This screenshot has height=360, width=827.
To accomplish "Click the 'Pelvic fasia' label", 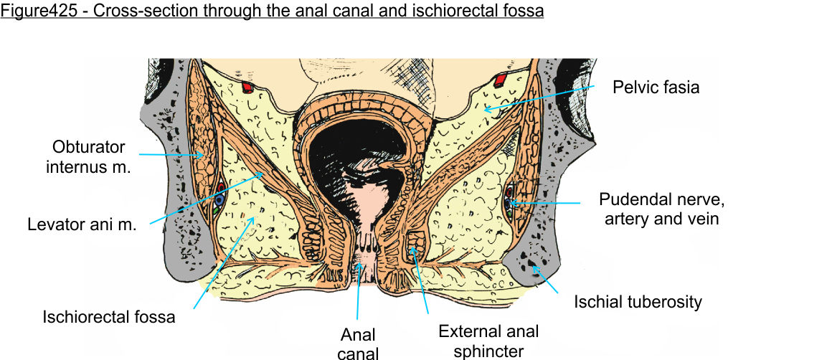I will pos(656,87).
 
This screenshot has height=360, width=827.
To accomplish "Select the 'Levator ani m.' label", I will pos(82,224).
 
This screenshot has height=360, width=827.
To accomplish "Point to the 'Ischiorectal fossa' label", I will pos(109,316).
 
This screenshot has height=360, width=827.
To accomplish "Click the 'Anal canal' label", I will pos(359,343).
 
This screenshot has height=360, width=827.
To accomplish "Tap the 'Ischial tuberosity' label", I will pos(638,302).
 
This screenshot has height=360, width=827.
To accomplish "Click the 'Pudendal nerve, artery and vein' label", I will pos(658,208).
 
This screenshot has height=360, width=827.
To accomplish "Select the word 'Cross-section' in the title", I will pos(128,11).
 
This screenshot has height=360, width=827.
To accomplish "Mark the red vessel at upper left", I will pos(247,88).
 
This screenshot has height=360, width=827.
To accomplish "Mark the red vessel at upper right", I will pos(501,78).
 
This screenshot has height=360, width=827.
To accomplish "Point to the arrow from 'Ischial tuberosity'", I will pos(546,280).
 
